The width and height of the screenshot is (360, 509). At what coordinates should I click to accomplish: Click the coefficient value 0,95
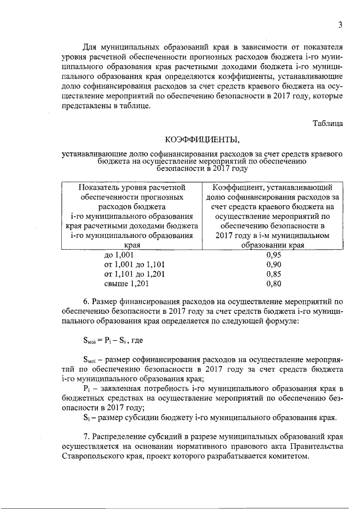pos(273,254)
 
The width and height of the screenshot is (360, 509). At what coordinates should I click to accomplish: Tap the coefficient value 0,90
pos(273,264)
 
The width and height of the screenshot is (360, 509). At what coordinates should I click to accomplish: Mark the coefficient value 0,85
pos(273,274)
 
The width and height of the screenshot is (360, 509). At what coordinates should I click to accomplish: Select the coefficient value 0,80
pos(273,284)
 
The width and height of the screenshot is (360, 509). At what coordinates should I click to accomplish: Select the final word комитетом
pos(289,457)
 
